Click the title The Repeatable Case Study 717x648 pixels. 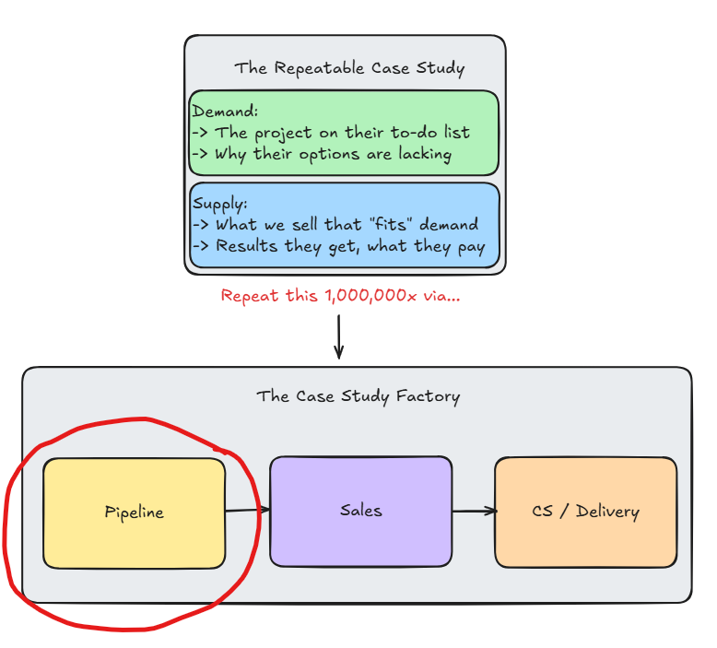coord(349,68)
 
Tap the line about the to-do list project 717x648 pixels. coord(331,132)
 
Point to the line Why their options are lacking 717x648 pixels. coord(322,154)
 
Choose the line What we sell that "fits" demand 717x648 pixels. coord(335,224)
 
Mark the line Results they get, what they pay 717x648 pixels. coord(338,246)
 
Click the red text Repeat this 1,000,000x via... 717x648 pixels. coord(339,296)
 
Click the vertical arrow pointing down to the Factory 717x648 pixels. coord(338,336)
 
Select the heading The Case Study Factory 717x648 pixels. coord(358,396)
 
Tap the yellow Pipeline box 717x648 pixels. coord(135,513)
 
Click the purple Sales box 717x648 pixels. coord(360,510)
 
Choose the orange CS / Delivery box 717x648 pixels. coord(585,511)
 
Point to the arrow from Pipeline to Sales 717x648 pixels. coord(247,510)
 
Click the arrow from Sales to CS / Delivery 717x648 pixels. coord(474,511)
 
